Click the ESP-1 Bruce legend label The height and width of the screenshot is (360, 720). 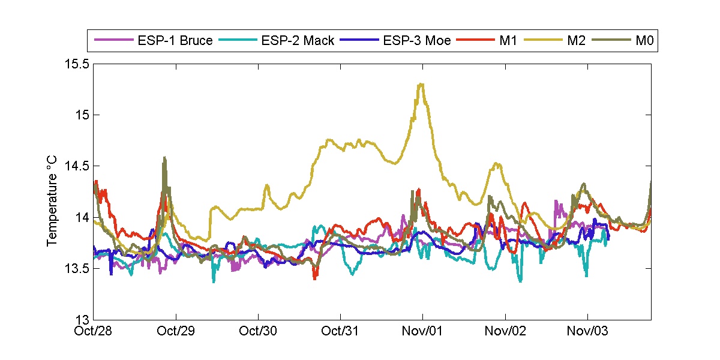tap(174, 41)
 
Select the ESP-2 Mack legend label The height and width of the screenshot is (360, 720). tap(298, 41)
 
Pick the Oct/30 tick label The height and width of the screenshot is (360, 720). tap(259, 331)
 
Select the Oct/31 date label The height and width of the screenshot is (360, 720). tap(341, 331)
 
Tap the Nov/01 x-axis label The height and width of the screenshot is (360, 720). tap(423, 331)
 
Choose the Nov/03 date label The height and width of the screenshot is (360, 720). tap(587, 331)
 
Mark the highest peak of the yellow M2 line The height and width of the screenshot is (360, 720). tap(422, 84)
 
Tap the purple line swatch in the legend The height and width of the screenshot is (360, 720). tap(112, 41)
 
